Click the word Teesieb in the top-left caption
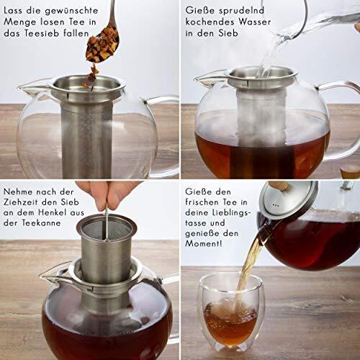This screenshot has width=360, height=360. click(x=42, y=33)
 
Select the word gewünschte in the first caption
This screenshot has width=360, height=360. click(x=71, y=12)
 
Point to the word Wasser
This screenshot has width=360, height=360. click(x=255, y=22)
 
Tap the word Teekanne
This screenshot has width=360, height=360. click(x=41, y=223)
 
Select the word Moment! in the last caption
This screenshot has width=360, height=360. click(x=204, y=243)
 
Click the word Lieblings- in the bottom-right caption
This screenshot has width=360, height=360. click(x=231, y=212)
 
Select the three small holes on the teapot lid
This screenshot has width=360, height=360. click(x=275, y=205)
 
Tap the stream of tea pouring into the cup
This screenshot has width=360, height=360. click(x=247, y=269)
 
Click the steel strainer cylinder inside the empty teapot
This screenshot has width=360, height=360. click(x=86, y=139)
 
